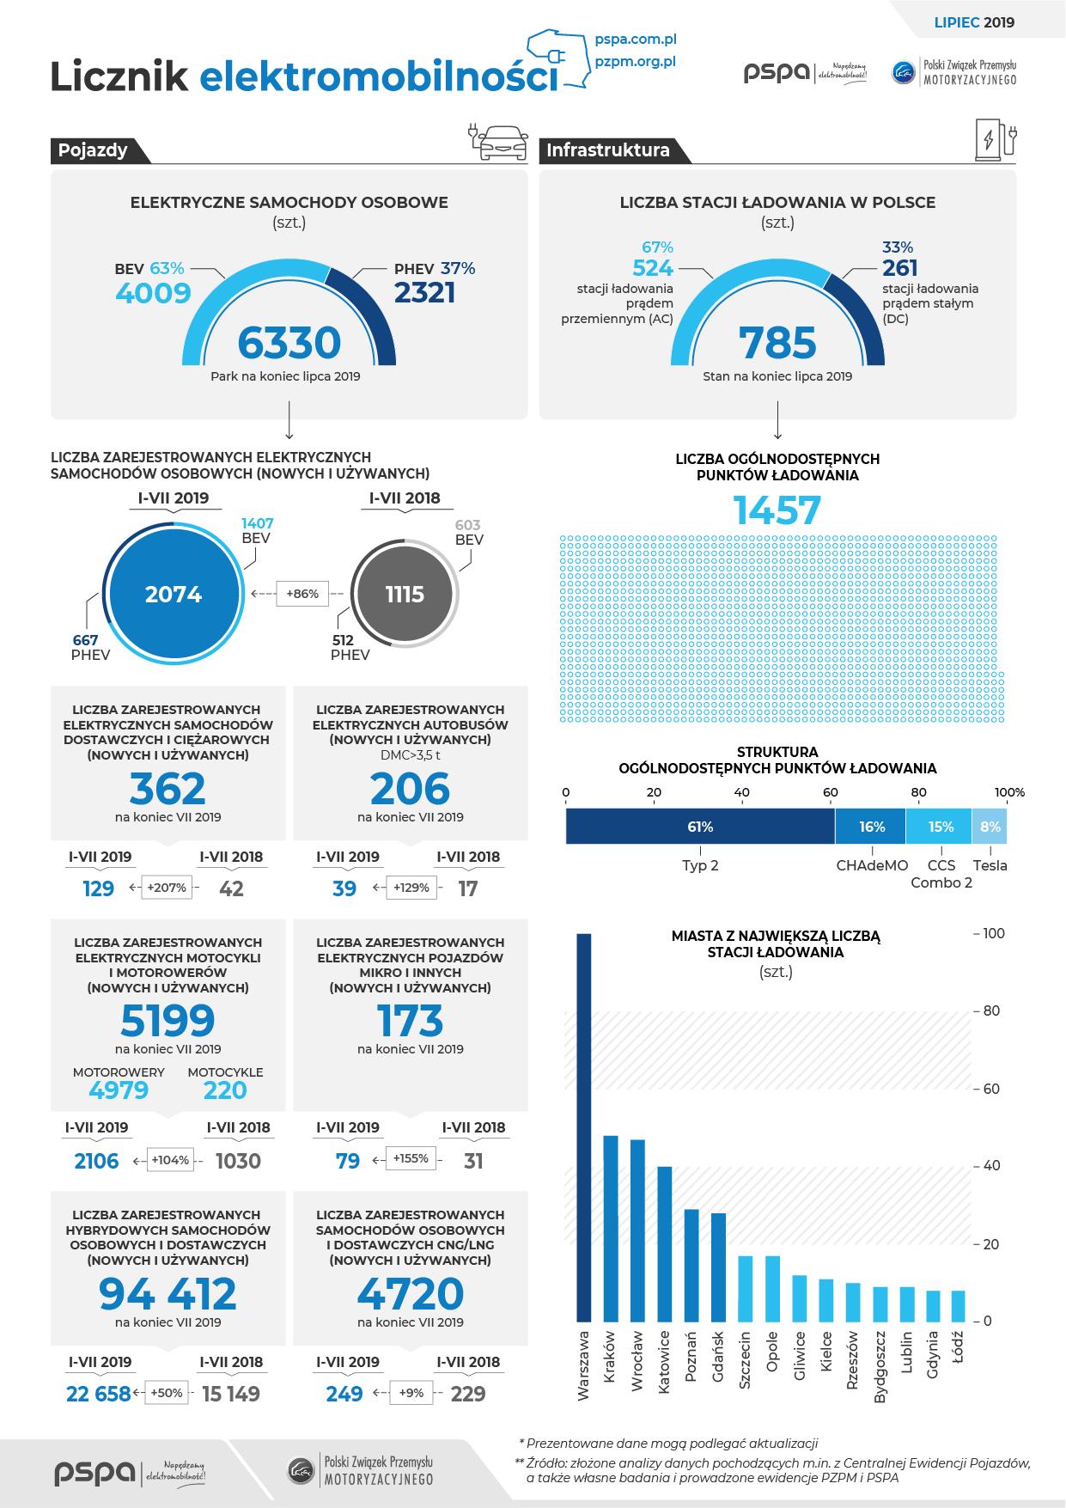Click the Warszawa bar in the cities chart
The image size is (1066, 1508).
click(x=583, y=1127)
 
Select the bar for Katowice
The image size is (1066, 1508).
click(x=665, y=1243)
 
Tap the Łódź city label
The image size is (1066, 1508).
click(x=958, y=1347)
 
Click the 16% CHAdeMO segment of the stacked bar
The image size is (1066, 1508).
click(x=871, y=827)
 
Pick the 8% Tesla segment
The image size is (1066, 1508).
click(x=990, y=827)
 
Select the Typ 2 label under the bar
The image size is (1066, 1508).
click(x=700, y=865)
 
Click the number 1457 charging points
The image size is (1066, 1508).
click(x=777, y=510)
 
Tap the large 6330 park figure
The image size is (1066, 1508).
click(x=289, y=343)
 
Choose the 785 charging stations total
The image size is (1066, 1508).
click(x=777, y=343)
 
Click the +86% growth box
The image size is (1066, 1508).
click(x=302, y=594)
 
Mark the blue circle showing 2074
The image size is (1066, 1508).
click(x=174, y=594)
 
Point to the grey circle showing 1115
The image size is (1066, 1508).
click(x=405, y=594)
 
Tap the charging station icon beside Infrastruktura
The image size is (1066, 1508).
click(x=996, y=139)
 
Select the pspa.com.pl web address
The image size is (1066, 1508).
click(x=636, y=40)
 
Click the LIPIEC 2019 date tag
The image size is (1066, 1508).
click(x=974, y=22)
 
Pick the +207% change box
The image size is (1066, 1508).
click(x=167, y=888)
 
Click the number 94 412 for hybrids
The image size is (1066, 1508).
click(x=168, y=1294)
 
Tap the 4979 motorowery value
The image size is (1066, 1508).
click(x=119, y=1090)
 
